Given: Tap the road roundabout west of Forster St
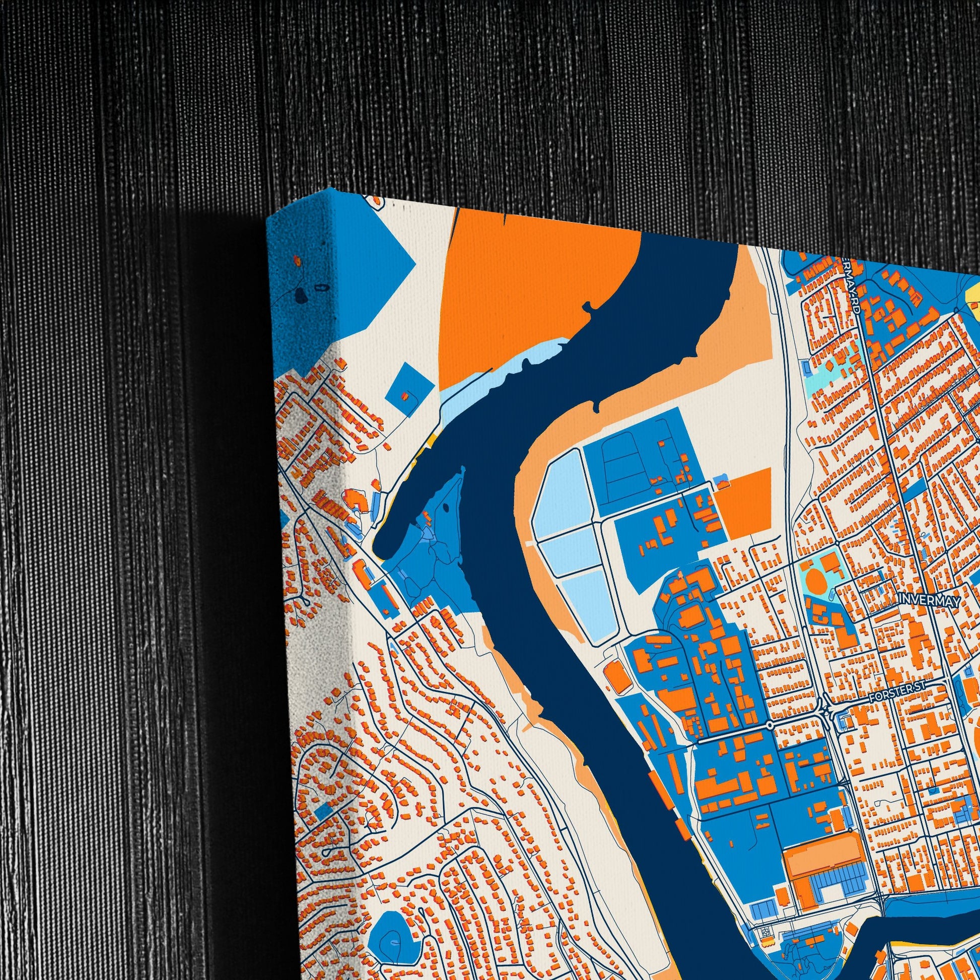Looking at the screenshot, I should tap(769, 726).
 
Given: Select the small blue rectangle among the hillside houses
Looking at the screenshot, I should tap(323, 808).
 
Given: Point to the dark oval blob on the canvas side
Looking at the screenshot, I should tap(301, 294).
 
